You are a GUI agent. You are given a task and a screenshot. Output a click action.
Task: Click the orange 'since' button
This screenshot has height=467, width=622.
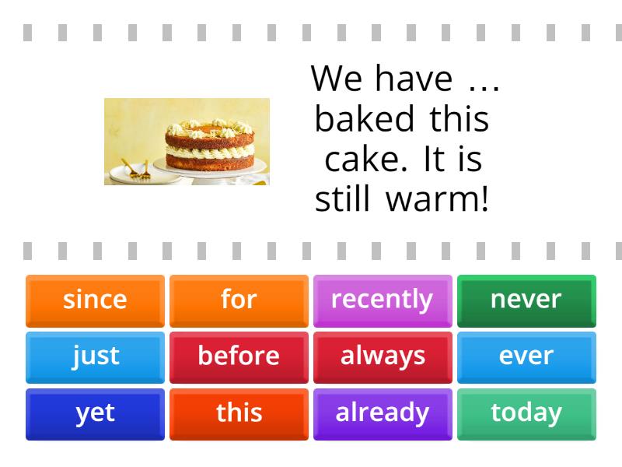[95, 300]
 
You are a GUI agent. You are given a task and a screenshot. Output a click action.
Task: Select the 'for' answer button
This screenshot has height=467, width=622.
[239, 300]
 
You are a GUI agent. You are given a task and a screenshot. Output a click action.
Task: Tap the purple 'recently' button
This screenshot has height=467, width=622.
[382, 300]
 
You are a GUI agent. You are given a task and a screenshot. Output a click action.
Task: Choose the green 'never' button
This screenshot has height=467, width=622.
[526, 300]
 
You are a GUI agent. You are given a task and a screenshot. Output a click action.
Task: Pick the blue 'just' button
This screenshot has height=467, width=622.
[95, 356]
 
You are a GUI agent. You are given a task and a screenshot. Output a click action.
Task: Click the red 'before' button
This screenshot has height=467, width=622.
[239, 356]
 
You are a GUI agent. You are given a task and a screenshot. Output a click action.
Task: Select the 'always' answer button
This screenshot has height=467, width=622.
[382, 356]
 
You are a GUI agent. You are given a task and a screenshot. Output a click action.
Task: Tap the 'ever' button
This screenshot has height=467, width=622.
[526, 356]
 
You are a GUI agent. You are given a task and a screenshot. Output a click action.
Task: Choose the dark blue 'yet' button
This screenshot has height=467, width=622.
[95, 413]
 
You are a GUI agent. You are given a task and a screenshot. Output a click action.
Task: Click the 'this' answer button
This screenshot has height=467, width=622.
[239, 413]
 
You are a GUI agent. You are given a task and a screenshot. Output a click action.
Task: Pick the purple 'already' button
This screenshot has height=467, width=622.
[382, 413]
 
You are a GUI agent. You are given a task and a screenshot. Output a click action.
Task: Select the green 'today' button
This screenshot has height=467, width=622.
[526, 413]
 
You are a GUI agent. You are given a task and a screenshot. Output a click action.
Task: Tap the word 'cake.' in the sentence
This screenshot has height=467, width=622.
[369, 160]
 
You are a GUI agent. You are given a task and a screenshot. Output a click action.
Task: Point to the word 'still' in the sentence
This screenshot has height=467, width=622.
[341, 200]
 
